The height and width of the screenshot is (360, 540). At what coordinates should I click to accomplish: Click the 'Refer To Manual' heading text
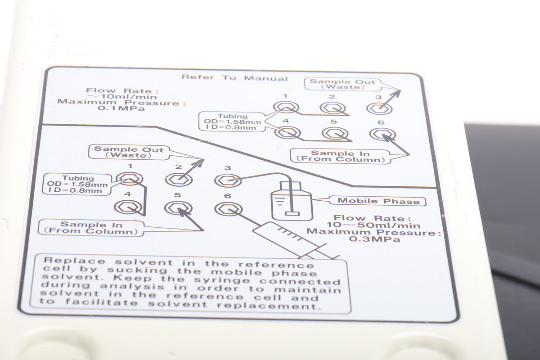click(234, 78)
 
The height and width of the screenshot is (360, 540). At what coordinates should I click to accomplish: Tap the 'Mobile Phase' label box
click(378, 201)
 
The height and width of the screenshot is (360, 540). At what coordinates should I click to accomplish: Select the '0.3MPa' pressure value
click(374, 239)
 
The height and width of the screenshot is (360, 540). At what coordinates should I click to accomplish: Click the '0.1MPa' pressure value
click(121, 108)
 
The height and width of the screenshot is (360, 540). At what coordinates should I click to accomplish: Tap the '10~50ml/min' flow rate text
click(373, 225)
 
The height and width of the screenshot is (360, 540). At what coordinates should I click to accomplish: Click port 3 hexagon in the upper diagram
click(379, 109)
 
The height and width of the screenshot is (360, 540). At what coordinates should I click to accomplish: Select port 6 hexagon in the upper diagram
click(382, 135)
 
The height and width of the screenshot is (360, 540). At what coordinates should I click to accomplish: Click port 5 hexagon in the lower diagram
click(178, 208)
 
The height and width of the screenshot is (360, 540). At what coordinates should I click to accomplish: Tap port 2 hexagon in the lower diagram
click(179, 180)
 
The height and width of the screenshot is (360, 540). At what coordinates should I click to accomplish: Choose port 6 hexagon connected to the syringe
click(228, 209)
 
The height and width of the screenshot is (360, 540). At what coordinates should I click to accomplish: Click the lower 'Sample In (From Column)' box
click(91, 228)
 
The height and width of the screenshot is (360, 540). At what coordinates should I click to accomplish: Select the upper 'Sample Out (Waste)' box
click(342, 84)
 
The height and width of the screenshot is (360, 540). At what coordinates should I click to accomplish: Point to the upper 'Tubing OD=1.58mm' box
click(232, 121)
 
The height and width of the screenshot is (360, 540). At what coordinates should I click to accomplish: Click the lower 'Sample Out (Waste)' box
click(129, 152)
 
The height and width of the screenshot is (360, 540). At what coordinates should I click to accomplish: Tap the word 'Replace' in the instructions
click(75, 261)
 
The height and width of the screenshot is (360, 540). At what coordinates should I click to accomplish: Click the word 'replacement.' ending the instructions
click(269, 306)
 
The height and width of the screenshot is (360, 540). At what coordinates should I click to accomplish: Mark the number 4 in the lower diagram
click(128, 194)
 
